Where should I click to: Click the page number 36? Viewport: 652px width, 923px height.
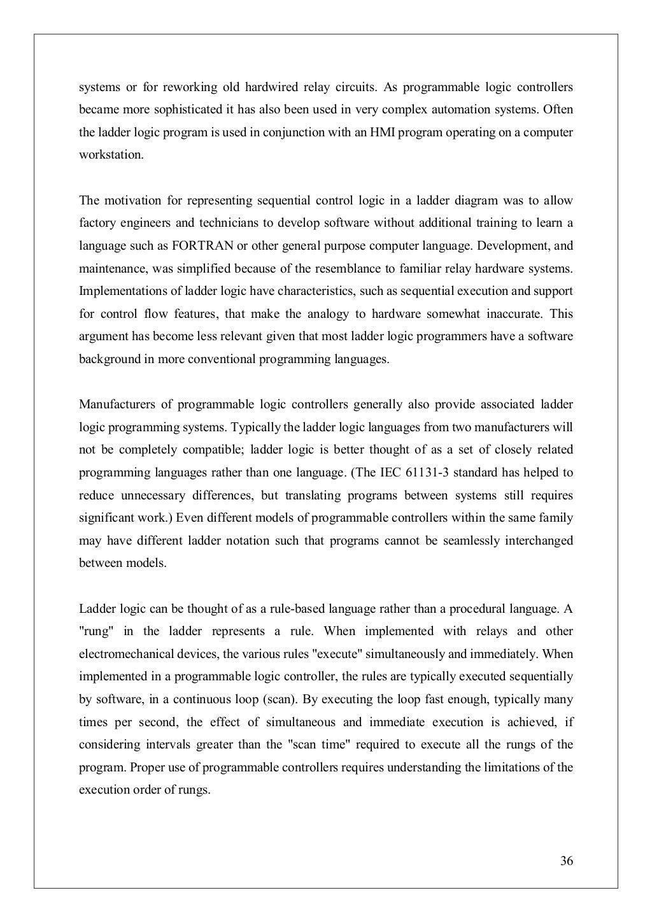tap(566, 861)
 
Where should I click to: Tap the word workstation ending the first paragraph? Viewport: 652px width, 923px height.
tap(111, 155)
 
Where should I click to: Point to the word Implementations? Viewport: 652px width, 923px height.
tap(118, 291)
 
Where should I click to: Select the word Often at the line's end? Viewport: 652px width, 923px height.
tap(558, 110)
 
